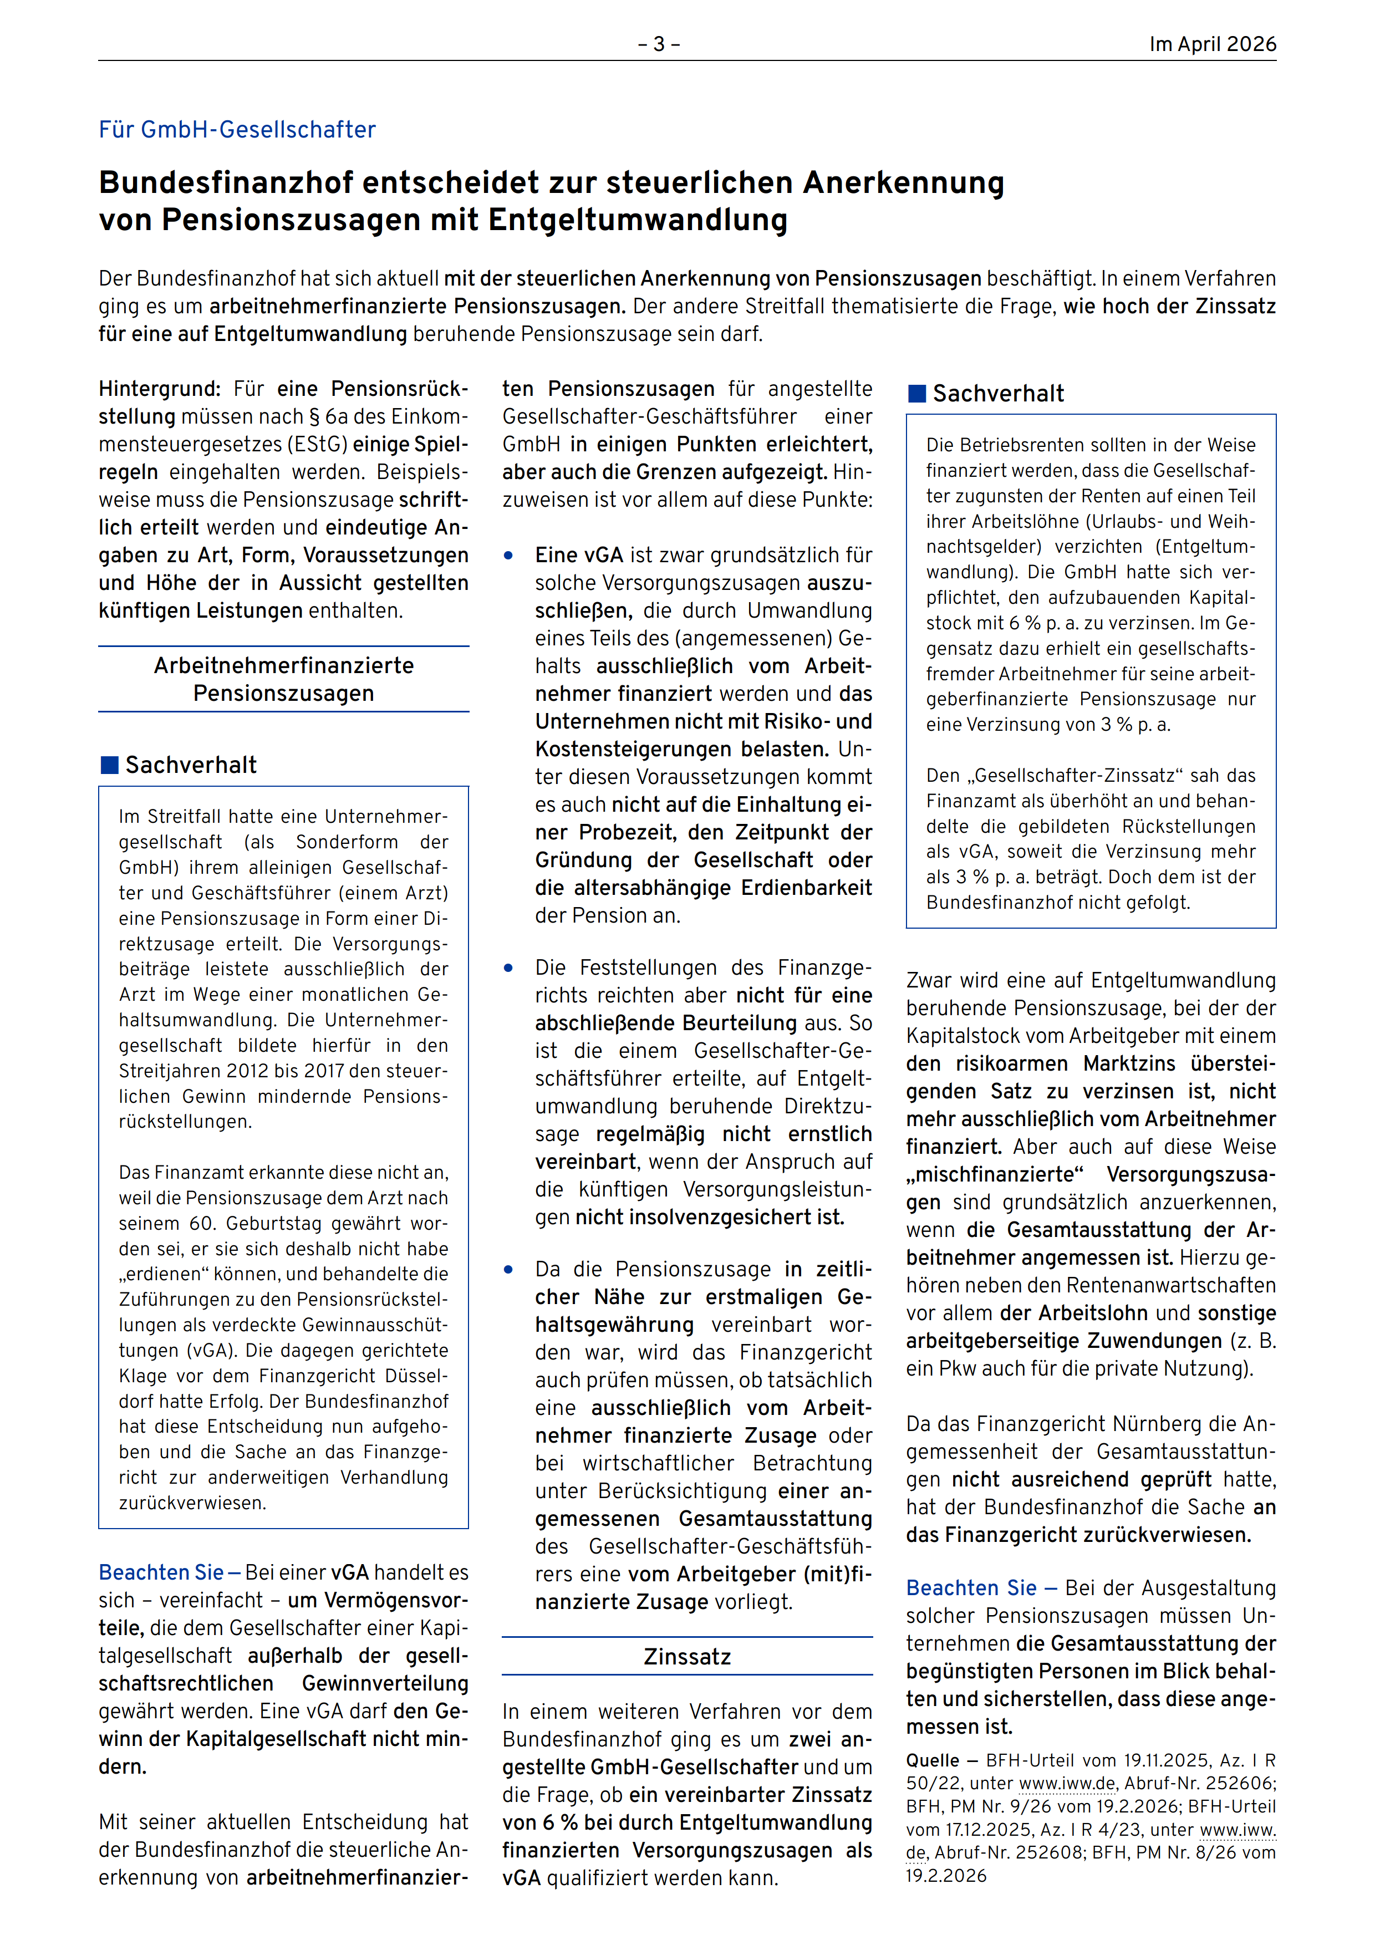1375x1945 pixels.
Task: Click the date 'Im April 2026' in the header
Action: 1211,44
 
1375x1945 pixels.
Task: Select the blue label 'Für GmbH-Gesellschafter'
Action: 237,130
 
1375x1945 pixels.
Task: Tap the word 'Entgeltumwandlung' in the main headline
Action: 638,220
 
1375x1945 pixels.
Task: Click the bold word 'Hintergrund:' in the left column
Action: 159,389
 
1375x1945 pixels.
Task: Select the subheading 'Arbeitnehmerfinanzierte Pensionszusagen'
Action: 284,679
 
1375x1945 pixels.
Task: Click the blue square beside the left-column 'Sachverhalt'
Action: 109,765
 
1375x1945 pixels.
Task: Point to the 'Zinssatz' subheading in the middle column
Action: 687,1656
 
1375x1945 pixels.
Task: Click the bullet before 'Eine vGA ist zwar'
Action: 508,556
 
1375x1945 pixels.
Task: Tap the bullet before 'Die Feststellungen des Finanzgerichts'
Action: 508,968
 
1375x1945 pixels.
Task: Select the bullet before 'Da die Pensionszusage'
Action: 508,1270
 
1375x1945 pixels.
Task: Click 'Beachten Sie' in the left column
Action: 161,1572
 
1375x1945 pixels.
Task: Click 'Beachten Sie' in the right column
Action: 971,1587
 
